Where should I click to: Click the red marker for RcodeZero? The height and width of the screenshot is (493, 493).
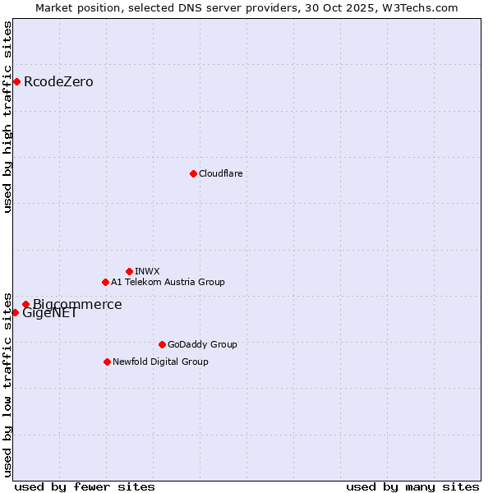coord(16,81)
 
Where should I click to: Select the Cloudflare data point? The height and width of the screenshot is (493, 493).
coord(193,173)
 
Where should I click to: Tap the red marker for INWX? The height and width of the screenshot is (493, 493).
coord(129,271)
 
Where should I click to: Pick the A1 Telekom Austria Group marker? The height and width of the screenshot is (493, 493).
coord(105,282)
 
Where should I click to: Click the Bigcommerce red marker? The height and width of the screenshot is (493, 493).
coord(25,304)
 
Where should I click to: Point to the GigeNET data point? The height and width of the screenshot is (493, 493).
coord(15,312)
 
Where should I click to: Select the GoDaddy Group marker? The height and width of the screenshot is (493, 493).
coord(162,344)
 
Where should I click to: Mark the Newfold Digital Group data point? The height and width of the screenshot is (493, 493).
coord(107,362)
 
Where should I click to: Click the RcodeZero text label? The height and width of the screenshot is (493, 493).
coord(58,81)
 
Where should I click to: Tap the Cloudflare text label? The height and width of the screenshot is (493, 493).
coord(220,173)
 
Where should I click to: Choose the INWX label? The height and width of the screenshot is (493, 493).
coord(147,271)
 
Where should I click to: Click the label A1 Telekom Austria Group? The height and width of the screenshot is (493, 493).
coord(168,282)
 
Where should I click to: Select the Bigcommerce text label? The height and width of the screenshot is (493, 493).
coord(77,304)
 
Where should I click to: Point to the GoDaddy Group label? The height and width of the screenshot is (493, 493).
coord(202,344)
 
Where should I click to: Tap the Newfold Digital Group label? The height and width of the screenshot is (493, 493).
coord(160,362)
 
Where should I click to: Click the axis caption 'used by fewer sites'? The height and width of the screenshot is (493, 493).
coord(85,486)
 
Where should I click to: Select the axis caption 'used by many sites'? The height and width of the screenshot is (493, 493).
coord(412,486)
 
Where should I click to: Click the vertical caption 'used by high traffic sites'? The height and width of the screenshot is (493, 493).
coord(8,117)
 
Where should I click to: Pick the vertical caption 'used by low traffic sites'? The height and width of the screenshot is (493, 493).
coord(8,384)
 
